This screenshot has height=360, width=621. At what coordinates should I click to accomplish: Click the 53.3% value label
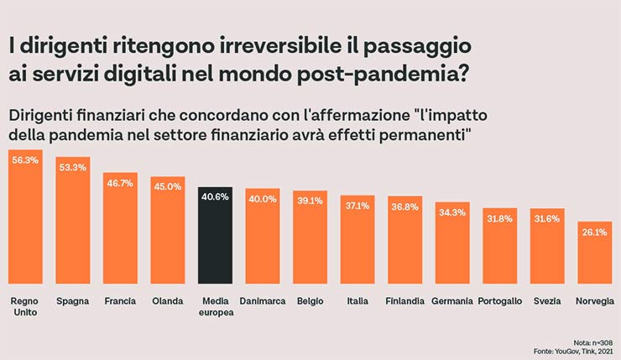click(73, 167)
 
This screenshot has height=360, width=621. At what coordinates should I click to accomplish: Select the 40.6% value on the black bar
click(216, 197)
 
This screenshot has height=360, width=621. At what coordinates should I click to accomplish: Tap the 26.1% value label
click(594, 232)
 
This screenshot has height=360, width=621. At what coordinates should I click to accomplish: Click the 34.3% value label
click(451, 212)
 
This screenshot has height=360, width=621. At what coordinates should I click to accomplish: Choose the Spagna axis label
click(73, 300)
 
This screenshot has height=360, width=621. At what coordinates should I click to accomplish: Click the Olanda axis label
click(168, 300)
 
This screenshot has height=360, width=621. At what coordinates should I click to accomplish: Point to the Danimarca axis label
click(263, 300)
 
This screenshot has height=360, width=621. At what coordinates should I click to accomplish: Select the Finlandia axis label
click(404, 300)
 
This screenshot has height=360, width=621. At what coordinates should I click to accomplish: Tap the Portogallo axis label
click(499, 300)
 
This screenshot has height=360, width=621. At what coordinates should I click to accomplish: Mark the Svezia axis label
click(546, 300)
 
